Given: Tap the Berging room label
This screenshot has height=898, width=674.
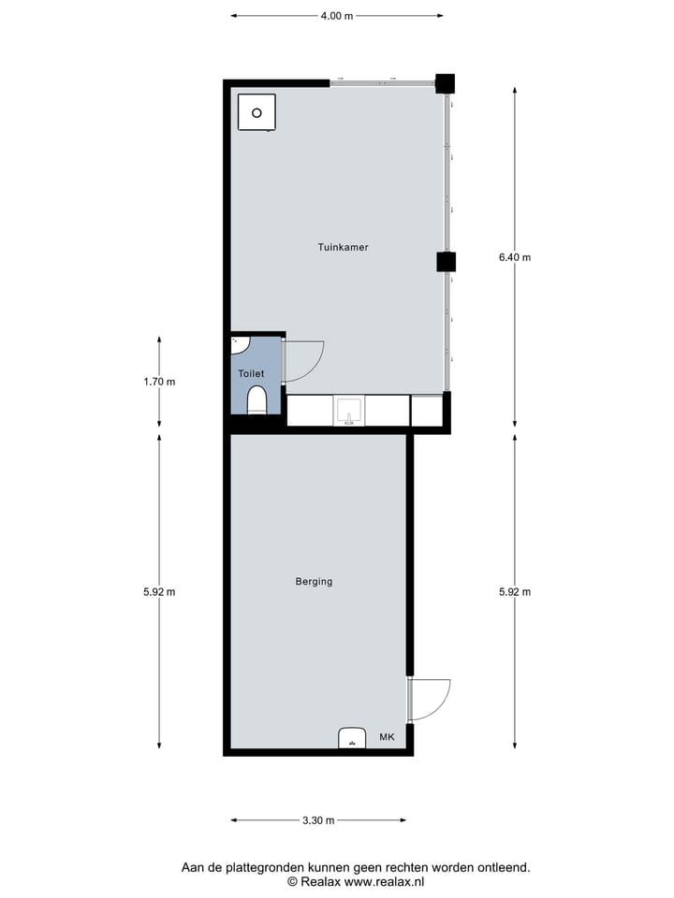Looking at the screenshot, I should [314, 582].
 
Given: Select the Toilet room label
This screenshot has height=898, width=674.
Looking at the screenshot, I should [251, 374].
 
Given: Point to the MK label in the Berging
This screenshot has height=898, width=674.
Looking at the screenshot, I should [387, 738].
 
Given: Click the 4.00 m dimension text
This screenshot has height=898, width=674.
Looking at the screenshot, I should [337, 16].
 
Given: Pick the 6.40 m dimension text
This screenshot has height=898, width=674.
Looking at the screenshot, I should [515, 258].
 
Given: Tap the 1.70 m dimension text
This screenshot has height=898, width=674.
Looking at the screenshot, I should [159, 382].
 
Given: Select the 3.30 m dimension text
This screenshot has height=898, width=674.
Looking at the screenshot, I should [318, 821].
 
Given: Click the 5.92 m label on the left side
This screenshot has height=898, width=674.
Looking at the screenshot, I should [159, 591].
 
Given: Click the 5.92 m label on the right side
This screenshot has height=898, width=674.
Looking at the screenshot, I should [515, 591].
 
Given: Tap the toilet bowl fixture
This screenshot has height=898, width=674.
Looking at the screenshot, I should [256, 402].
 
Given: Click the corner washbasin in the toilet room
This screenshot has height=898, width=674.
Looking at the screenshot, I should [240, 345].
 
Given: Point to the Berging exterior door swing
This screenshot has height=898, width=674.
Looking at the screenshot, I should [430, 699].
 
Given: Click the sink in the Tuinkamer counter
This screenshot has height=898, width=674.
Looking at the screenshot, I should [349, 411].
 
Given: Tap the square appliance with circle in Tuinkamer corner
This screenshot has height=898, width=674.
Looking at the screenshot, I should [256, 113].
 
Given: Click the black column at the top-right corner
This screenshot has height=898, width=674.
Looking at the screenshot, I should [445, 83].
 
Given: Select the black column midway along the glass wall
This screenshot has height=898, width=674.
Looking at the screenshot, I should [446, 262].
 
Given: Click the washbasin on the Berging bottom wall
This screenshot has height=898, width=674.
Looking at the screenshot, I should [352, 738].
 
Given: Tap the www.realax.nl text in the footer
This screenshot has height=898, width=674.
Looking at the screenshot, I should [385, 882].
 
